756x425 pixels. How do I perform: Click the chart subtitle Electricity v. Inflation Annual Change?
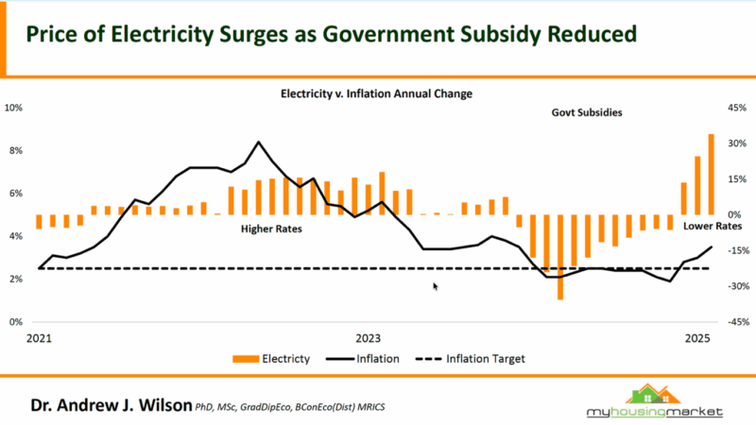[x=376, y=94]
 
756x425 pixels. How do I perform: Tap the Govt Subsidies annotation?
[x=587, y=112]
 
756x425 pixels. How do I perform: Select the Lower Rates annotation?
[x=713, y=227]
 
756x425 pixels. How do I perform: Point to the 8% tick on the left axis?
[x=16, y=151]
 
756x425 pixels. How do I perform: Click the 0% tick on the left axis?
[x=16, y=322]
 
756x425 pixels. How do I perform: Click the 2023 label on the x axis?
[x=368, y=338]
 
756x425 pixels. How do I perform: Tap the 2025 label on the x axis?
[x=697, y=338]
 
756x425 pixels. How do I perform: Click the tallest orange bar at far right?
[x=712, y=174]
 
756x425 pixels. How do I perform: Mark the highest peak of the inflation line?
[x=259, y=143]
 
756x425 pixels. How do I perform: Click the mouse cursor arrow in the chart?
[x=436, y=286]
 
